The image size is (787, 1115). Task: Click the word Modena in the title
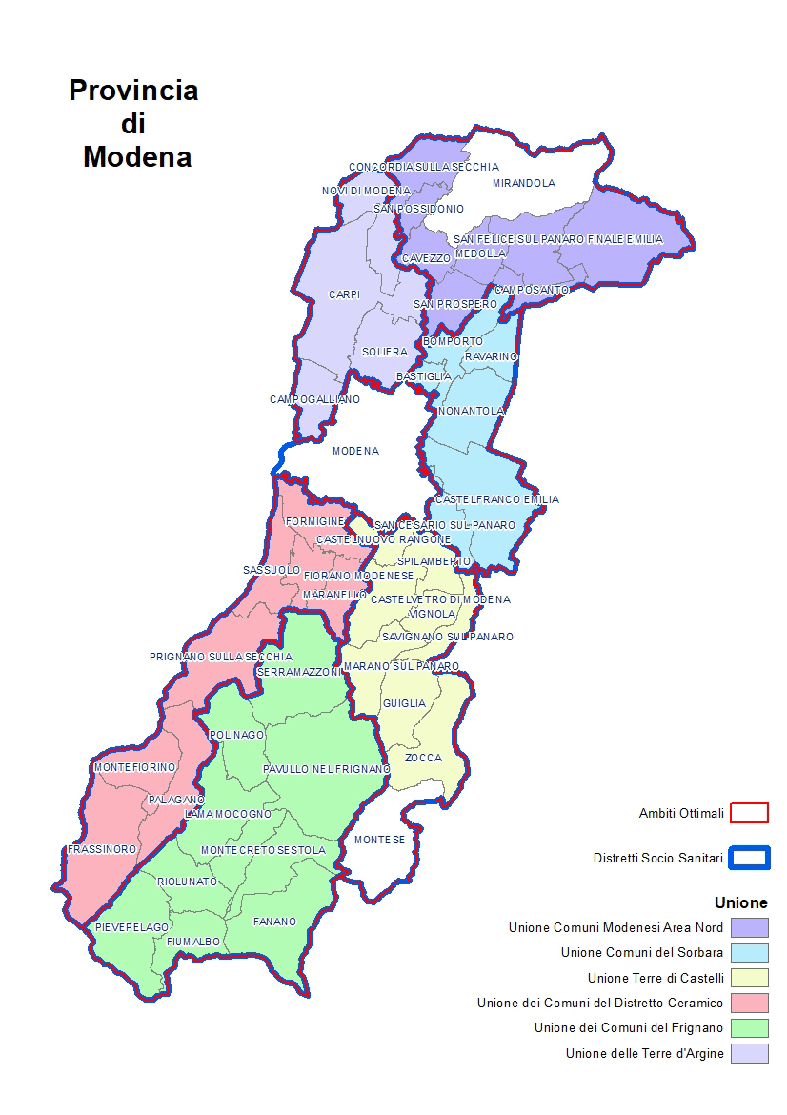[136, 156]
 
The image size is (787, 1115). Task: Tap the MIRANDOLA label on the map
[523, 183]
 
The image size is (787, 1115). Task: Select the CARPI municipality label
[343, 295]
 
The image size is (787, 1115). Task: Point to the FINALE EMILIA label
[625, 239]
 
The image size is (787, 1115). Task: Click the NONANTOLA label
[471, 411]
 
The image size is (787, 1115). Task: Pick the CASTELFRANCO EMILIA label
[496, 499]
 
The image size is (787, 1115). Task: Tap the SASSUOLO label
[272, 570]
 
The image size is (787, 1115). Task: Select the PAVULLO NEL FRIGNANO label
[326, 769]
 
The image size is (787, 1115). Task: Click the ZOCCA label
[423, 758]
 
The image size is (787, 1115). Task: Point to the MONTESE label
[379, 840]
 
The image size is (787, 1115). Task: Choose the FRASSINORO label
[102, 849]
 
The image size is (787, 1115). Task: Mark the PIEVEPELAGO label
[131, 927]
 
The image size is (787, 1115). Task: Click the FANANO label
[274, 922]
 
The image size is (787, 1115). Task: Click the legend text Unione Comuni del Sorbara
[641, 952]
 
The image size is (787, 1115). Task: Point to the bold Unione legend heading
[740, 902]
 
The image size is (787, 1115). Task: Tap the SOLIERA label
[384, 352]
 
